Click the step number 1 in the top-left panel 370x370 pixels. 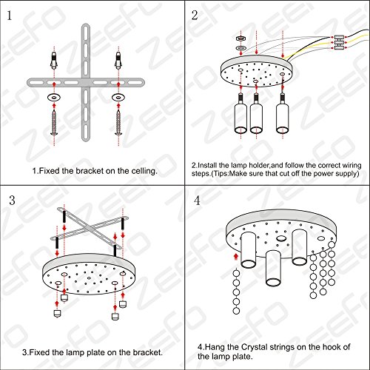(x=10, y=16)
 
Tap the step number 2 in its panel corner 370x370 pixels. (x=195, y=16)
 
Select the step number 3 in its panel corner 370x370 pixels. (x=12, y=200)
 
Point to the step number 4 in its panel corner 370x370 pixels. (x=197, y=201)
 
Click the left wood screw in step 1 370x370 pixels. (x=54, y=123)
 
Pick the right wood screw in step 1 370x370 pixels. (x=118, y=123)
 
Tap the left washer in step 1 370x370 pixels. (x=54, y=98)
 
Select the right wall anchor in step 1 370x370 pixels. (x=118, y=61)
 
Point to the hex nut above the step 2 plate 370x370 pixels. (x=240, y=38)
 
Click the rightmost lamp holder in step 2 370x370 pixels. (x=283, y=113)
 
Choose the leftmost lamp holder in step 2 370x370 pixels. (x=240, y=113)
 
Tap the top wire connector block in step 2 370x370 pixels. (x=339, y=37)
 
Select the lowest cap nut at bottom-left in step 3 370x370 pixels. (x=57, y=314)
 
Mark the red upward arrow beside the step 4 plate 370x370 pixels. (x=236, y=257)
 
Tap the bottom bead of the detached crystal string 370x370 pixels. (x=236, y=311)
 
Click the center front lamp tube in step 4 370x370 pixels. (x=273, y=269)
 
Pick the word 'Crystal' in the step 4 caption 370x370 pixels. (x=254, y=347)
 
